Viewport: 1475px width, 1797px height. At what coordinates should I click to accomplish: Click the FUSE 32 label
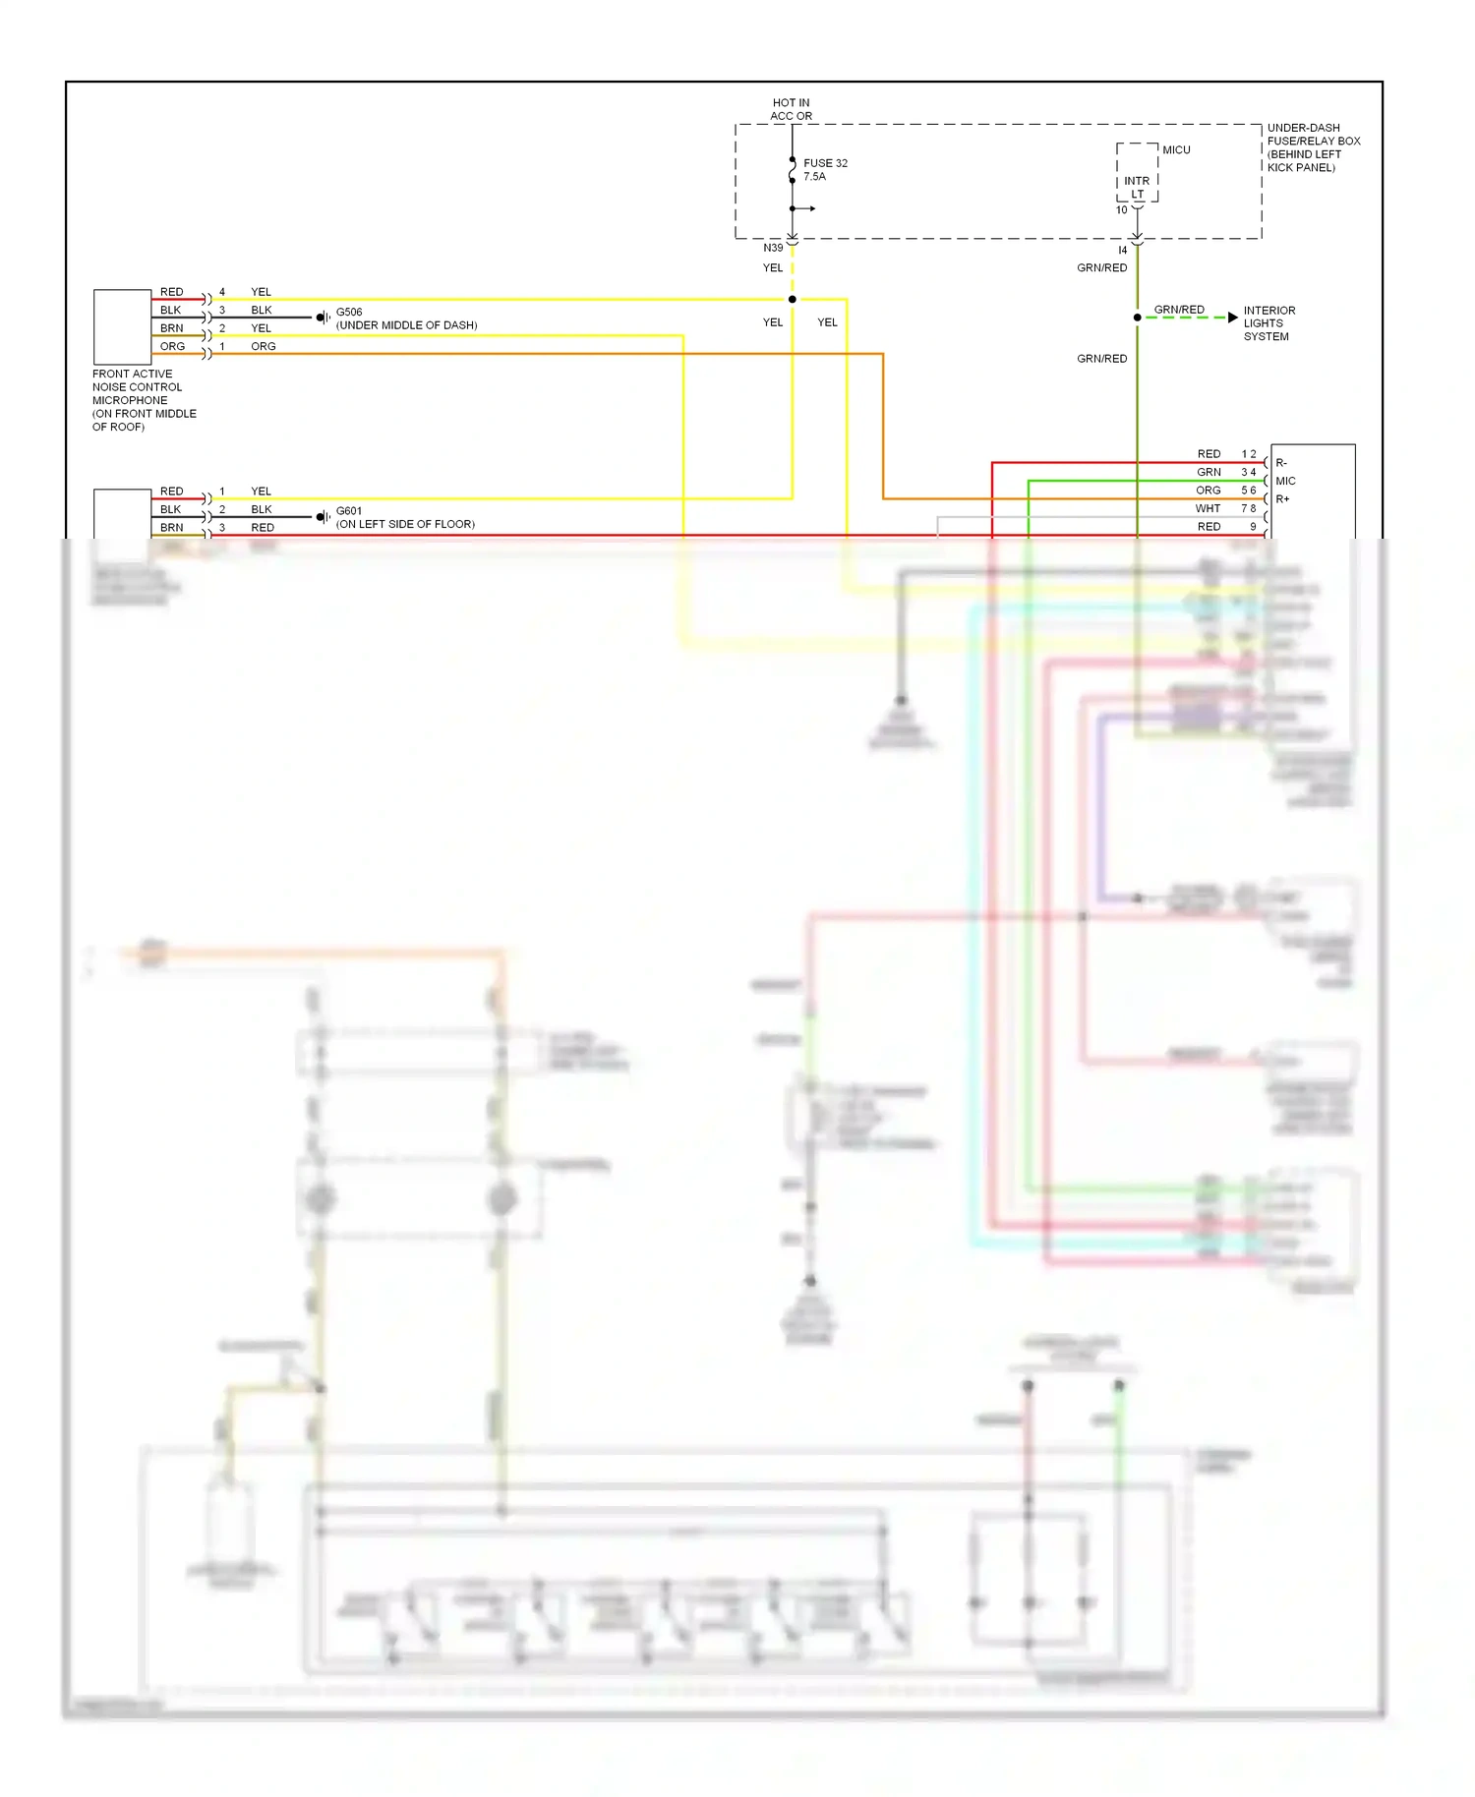tap(824, 163)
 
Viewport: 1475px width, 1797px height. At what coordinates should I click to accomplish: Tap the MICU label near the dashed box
tap(1176, 149)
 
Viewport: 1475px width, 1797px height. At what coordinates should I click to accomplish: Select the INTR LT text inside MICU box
tap(1137, 187)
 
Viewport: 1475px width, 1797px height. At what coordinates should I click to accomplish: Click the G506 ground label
tap(349, 312)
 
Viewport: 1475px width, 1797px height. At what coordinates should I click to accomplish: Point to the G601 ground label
tap(349, 510)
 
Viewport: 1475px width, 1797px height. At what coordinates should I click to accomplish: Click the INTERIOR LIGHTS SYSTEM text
tap(1268, 323)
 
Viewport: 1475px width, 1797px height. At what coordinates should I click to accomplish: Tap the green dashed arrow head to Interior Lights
tap(1232, 318)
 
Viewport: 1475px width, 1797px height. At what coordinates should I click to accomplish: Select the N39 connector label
tap(773, 248)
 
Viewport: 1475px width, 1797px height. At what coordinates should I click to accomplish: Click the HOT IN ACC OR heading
tap(791, 109)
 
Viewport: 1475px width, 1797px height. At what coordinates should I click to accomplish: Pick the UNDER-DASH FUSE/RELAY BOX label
tap(1313, 147)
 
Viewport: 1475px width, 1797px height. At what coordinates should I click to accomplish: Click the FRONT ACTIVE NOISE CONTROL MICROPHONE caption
tap(143, 400)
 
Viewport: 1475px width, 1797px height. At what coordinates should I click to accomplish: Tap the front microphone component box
tap(122, 326)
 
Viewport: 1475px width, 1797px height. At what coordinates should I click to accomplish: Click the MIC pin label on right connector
tap(1285, 481)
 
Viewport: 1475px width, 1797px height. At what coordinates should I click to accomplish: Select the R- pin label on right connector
tap(1281, 462)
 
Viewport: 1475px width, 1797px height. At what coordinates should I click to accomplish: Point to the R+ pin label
tap(1282, 499)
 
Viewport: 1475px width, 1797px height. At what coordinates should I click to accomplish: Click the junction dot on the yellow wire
tap(792, 299)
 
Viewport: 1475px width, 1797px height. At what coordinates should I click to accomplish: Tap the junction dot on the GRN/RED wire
tap(1138, 318)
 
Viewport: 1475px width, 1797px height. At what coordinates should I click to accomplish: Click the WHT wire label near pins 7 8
tap(1208, 508)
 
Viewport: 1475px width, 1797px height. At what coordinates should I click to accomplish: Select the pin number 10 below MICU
tap(1121, 210)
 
